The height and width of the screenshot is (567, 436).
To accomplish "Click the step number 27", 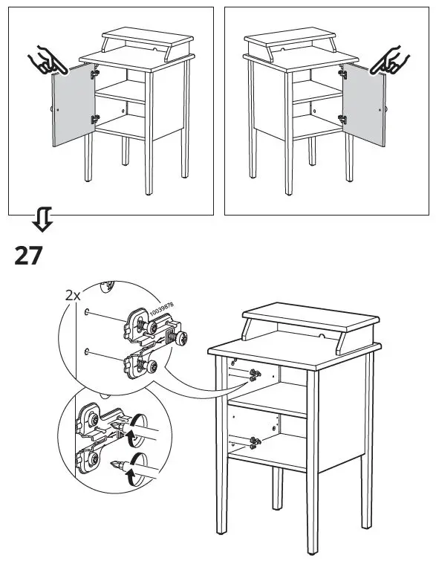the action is click(28, 256).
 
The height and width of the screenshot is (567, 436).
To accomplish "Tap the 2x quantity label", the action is click(73, 296).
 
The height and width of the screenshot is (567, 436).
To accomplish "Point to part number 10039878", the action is click(161, 309).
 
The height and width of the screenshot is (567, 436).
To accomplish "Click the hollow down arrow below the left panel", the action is click(42, 219).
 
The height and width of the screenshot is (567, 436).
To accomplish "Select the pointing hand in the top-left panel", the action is click(47, 60).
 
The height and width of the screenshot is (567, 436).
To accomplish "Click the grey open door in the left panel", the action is click(74, 105).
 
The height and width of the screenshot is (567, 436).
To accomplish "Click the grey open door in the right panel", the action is click(364, 105).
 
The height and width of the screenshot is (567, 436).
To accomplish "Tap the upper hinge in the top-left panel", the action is click(95, 74).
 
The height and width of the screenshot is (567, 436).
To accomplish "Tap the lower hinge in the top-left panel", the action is click(95, 119).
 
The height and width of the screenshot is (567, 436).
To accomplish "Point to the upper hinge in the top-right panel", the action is click(342, 74).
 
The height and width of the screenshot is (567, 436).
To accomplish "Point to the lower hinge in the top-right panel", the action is click(342, 119).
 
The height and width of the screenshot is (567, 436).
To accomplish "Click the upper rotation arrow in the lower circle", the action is click(137, 430).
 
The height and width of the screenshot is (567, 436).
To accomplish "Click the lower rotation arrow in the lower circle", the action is click(137, 469).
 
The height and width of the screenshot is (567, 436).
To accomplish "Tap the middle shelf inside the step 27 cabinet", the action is click(267, 401).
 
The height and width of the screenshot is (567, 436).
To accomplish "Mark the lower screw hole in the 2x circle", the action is click(87, 351).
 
